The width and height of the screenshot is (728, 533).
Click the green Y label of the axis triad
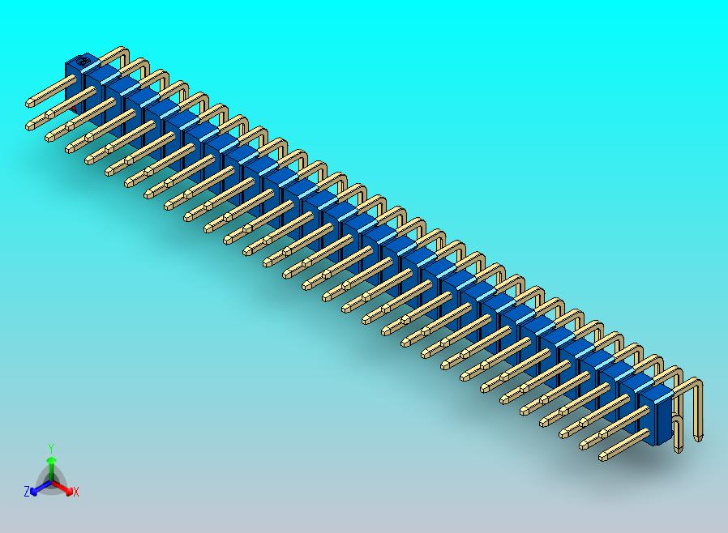51,448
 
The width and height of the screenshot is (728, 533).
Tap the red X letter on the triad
75,492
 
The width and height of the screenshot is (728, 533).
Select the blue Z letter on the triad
27,491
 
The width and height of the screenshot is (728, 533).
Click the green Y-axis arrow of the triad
51,465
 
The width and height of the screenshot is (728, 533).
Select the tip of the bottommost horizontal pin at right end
603,458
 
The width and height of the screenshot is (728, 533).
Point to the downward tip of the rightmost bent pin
698,437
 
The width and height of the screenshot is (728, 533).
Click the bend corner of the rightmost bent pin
698,386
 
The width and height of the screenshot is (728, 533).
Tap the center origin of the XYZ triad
51,483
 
